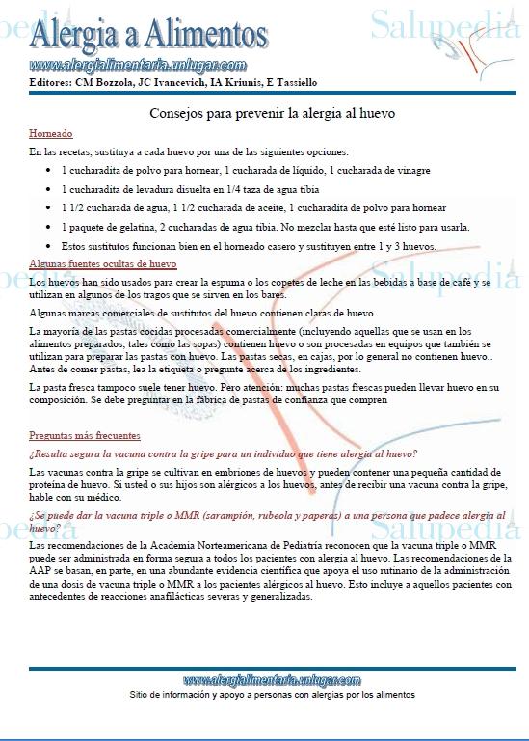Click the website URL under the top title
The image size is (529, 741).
click(x=138, y=66)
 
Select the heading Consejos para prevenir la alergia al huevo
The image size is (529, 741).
click(x=273, y=113)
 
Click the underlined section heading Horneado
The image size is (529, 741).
click(x=51, y=134)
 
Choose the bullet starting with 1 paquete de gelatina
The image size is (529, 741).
click(x=266, y=228)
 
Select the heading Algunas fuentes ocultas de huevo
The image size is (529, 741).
click(x=103, y=263)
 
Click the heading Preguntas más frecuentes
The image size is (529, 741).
click(x=85, y=435)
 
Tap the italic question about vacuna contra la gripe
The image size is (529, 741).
click(x=223, y=453)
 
